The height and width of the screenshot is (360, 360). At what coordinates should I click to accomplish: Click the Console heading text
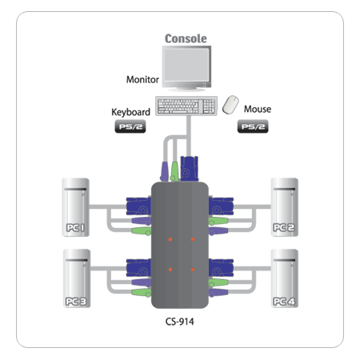186,38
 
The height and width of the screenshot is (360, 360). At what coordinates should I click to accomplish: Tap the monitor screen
186,65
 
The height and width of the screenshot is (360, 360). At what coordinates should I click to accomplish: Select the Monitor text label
142,79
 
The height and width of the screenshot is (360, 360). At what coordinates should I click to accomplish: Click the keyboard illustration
186,106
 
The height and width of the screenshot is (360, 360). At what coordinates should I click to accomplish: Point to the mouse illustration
230,105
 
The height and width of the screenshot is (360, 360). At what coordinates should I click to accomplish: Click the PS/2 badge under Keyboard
130,126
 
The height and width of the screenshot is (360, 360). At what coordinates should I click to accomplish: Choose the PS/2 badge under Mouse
253,126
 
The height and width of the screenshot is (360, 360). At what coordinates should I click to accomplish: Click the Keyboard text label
130,112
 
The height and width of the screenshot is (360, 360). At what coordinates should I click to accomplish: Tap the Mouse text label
258,109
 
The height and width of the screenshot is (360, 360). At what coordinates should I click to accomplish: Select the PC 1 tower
76,207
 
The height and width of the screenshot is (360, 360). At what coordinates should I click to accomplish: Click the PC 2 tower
285,207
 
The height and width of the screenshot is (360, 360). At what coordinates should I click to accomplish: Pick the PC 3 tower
77,278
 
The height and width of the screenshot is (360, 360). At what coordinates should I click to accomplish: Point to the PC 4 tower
285,278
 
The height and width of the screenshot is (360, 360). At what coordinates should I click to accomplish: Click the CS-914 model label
180,322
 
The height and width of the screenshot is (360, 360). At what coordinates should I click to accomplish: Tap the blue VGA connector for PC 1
138,206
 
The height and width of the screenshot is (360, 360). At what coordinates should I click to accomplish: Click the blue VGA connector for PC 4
221,267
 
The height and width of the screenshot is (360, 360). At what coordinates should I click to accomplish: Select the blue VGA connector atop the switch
190,169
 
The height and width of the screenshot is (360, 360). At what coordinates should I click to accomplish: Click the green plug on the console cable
174,171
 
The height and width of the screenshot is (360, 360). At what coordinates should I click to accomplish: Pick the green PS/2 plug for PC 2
218,221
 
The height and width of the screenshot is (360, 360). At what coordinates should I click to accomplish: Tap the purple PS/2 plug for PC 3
142,282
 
